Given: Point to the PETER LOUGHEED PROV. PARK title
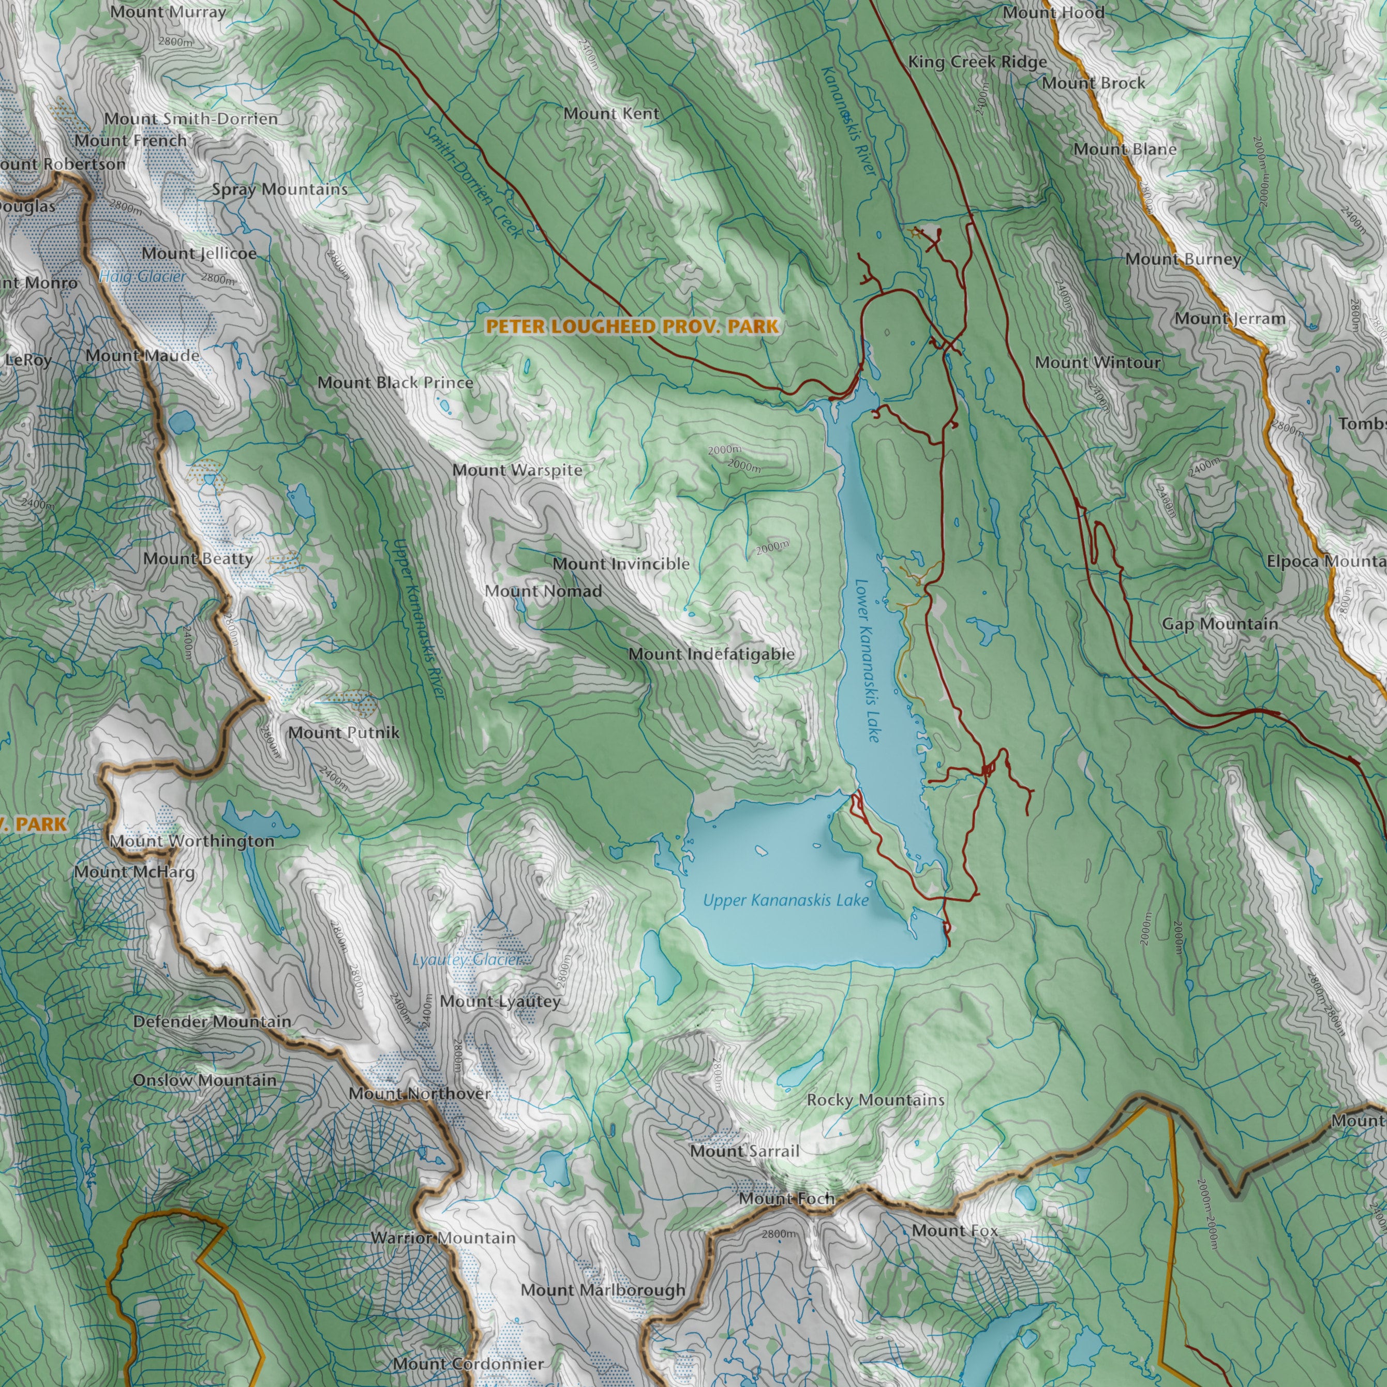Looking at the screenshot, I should pyautogui.click(x=632, y=326).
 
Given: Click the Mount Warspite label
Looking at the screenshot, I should pyautogui.click(x=517, y=470).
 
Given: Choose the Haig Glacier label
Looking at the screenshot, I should pyautogui.click(x=142, y=276).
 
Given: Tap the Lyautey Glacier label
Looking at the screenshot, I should pyautogui.click(x=467, y=960).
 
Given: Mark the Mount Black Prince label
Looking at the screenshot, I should pyautogui.click(x=396, y=383).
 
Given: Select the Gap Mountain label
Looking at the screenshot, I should pyautogui.click(x=1220, y=624).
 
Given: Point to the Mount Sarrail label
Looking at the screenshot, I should pyautogui.click(x=744, y=1151).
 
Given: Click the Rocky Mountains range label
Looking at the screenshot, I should pyautogui.click(x=875, y=1100).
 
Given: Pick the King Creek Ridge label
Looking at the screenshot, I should pyautogui.click(x=977, y=63).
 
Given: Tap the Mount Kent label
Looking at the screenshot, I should pyautogui.click(x=611, y=113).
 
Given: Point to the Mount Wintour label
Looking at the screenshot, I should pyautogui.click(x=1098, y=363).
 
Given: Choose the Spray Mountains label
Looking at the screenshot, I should pyautogui.click(x=279, y=189).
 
